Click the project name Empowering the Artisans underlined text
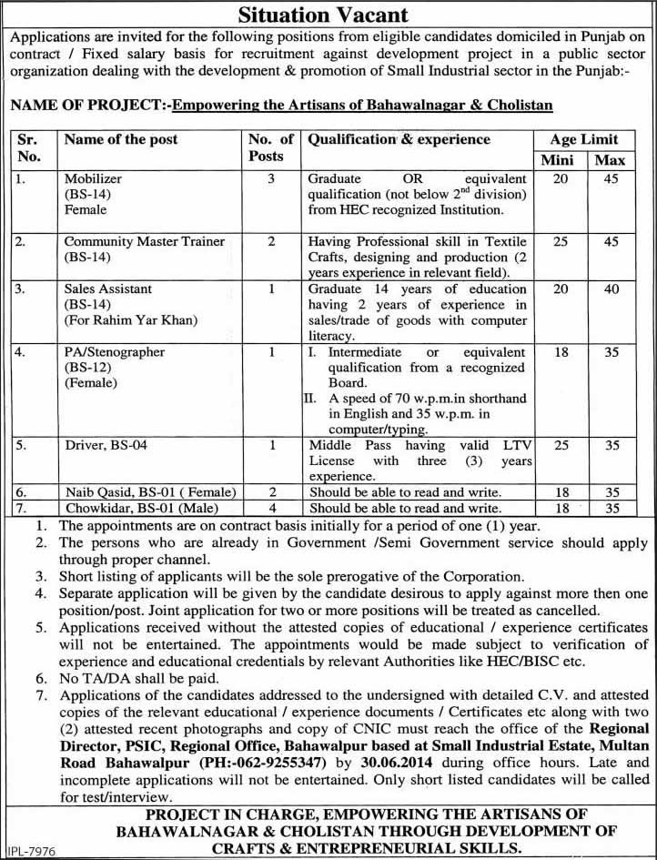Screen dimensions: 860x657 (x=362, y=106)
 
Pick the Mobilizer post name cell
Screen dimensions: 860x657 (x=87, y=179)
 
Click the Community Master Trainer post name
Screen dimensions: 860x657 (x=144, y=241)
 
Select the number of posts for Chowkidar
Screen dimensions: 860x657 (x=271, y=507)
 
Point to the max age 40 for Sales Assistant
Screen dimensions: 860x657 (x=612, y=289)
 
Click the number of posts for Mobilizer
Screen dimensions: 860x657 (x=271, y=179)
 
